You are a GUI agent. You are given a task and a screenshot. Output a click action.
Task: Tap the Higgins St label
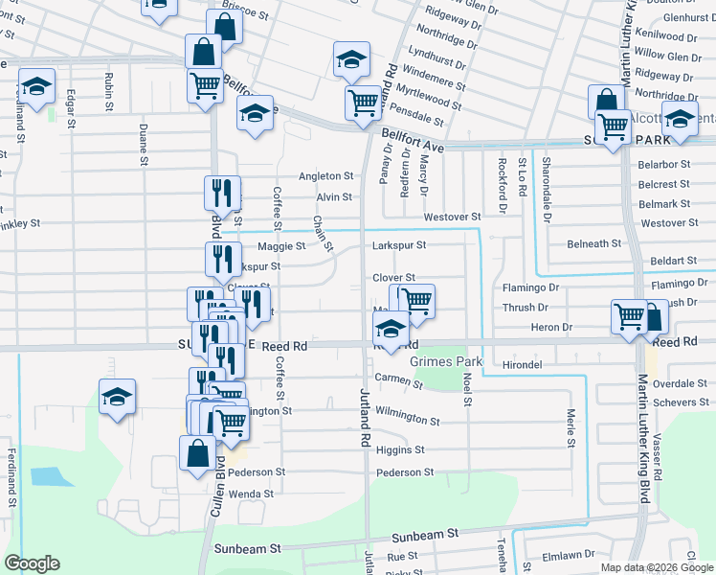[x=400, y=449]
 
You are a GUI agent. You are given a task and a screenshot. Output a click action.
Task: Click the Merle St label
[x=571, y=428]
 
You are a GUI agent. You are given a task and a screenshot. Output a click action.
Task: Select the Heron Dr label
[x=551, y=328]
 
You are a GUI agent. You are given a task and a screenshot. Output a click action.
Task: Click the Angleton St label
[x=326, y=176]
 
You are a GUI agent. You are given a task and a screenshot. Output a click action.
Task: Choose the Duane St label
[x=143, y=140]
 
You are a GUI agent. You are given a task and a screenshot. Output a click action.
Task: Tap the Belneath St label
[x=594, y=244]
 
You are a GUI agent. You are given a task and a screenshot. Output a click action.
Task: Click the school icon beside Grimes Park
[x=391, y=331]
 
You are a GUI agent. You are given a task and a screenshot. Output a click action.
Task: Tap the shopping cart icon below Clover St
[x=416, y=299]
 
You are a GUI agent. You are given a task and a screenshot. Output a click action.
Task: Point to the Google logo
[x=32, y=563]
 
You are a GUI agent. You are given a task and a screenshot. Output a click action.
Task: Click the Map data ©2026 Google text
[x=656, y=567]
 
